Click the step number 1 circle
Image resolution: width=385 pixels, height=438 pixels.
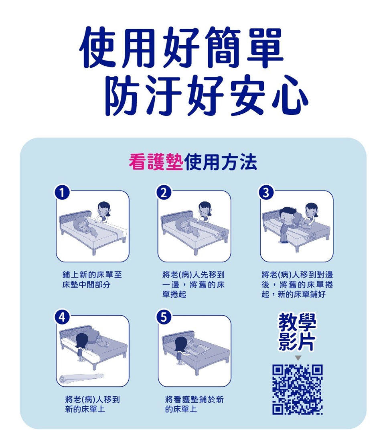pos(62,193)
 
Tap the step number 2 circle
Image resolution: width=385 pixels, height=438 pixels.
pos(164,193)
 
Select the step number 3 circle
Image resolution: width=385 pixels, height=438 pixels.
pos(266,193)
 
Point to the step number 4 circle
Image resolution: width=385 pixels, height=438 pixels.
pos(62,317)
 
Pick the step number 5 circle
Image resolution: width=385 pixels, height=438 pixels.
pos(164,317)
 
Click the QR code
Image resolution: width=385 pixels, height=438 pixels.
pos(297,389)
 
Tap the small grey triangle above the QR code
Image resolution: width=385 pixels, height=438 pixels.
pos(298,358)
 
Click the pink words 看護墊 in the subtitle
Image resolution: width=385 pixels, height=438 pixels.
pos(156,162)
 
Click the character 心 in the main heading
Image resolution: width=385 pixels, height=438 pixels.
pos(290,95)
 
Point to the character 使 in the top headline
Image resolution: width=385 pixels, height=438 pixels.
pos(99,47)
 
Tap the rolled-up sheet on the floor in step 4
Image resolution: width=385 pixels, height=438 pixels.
pos(81,378)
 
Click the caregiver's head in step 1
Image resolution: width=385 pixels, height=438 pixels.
pos(103,209)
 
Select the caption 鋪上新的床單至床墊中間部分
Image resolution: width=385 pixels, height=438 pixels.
pos(92,280)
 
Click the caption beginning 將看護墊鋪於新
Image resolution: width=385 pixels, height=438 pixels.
pos(194,404)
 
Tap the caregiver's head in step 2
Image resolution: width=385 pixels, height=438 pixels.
pos(205,209)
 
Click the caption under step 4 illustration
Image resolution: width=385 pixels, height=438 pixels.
pos(92,404)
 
